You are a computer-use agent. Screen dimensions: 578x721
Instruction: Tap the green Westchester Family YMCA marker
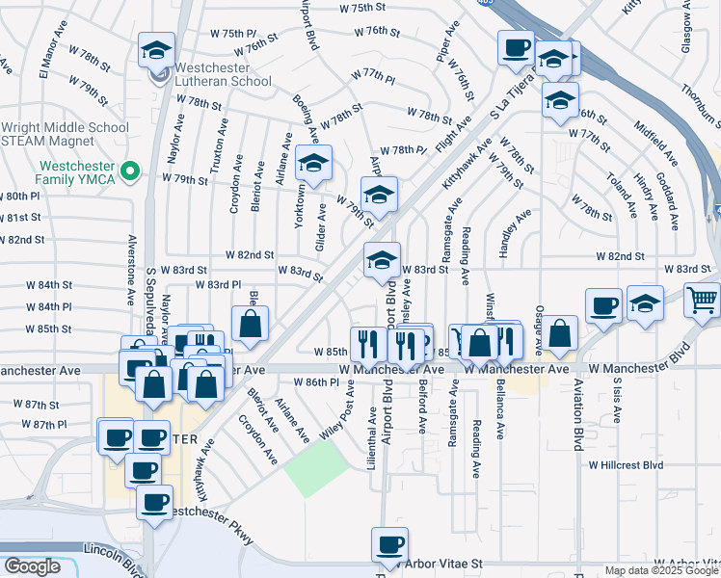click(136, 173)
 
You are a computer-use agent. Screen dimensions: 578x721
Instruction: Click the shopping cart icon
click(702, 300)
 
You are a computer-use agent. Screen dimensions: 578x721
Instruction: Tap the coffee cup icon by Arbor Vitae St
click(390, 545)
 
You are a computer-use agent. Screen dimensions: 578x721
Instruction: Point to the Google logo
click(31, 566)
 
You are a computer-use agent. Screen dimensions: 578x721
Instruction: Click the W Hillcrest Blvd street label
click(627, 464)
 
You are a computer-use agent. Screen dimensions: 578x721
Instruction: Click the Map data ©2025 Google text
click(660, 570)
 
